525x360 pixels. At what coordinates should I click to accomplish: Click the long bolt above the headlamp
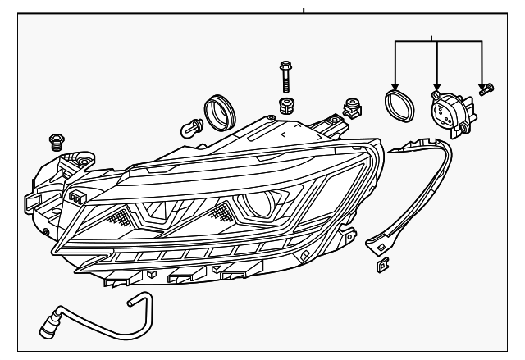pyautogui.click(x=284, y=75)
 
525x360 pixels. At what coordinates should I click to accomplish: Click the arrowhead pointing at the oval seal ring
pyautogui.click(x=395, y=87)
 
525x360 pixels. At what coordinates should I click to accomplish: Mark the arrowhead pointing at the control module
pyautogui.click(x=437, y=87)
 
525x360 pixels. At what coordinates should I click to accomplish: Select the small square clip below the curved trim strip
pyautogui.click(x=381, y=266)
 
